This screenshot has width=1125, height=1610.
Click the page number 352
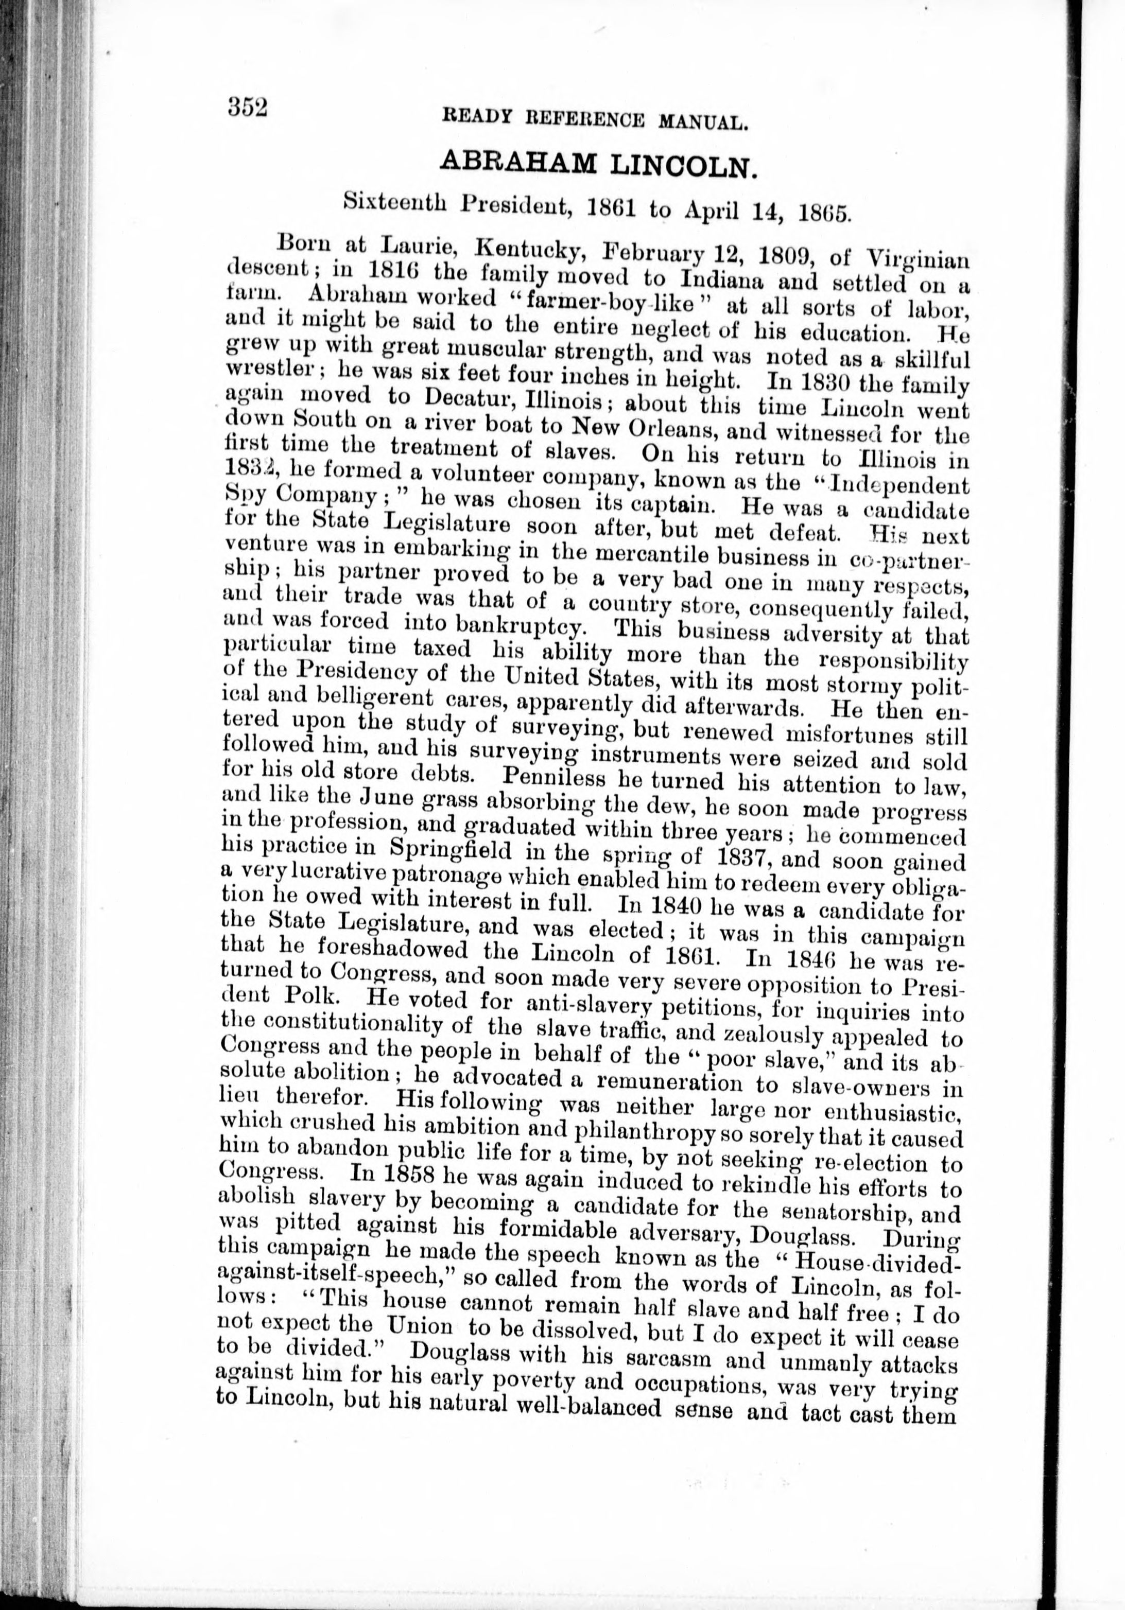point(247,108)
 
